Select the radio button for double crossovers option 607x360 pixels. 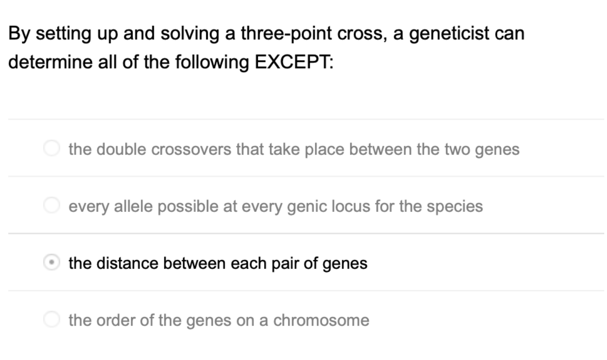point(51,149)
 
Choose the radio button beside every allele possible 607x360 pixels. point(51,206)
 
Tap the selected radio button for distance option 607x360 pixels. point(51,263)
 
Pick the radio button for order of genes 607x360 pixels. point(51,320)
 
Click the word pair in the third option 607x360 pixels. point(285,263)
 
